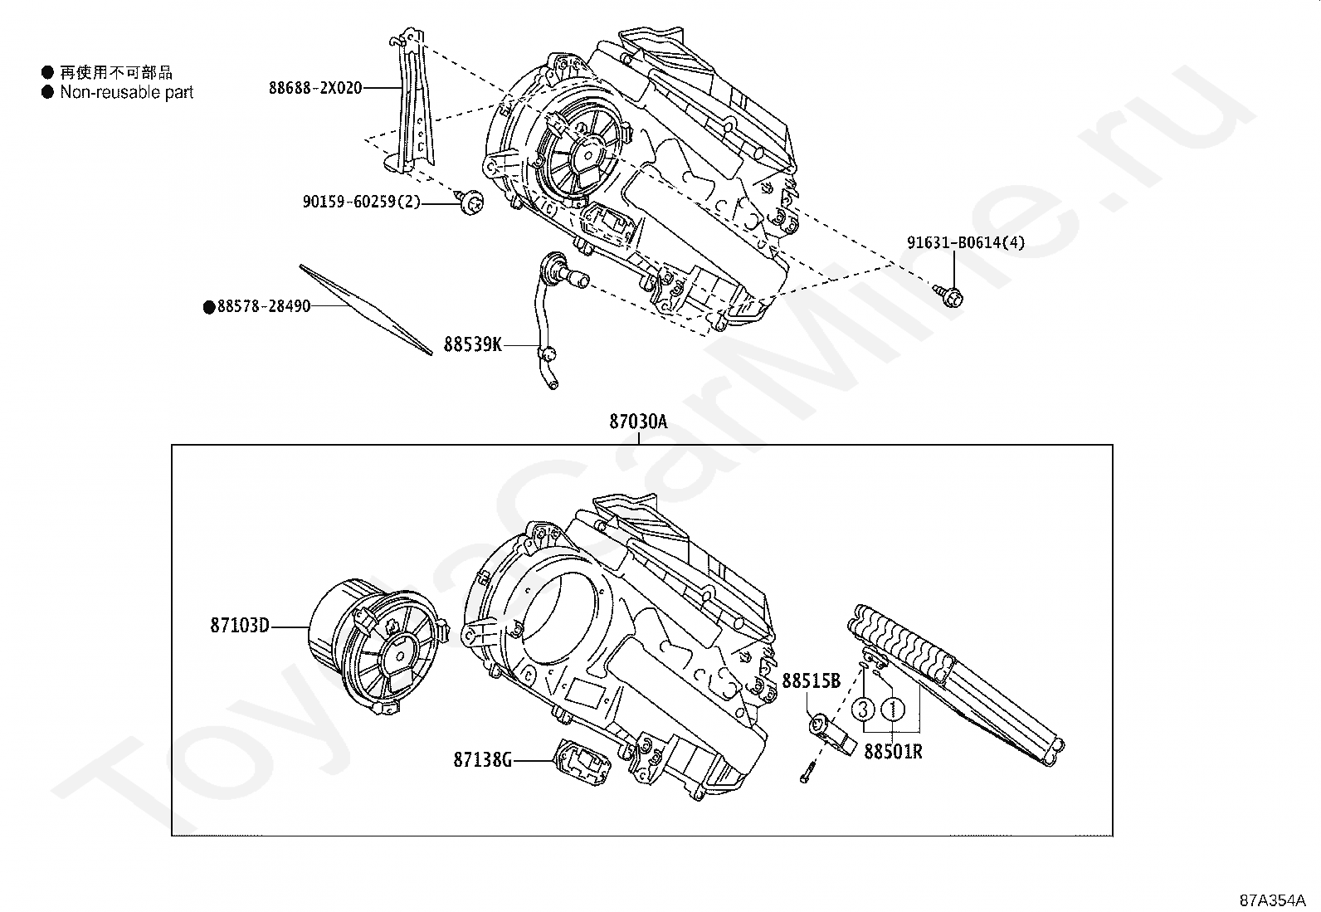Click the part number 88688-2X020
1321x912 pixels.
click(315, 87)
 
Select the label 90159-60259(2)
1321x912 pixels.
click(362, 201)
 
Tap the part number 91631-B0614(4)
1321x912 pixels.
click(965, 243)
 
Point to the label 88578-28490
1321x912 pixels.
click(264, 306)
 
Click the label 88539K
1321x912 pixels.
click(472, 344)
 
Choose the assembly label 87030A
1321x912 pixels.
click(638, 422)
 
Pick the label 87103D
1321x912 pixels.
click(240, 625)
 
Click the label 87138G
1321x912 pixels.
click(483, 758)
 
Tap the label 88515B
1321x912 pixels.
click(812, 681)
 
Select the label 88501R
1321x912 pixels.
click(894, 752)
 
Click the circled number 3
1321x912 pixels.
click(863, 709)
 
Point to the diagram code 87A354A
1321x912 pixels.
click(1273, 900)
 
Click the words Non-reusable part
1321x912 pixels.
click(126, 92)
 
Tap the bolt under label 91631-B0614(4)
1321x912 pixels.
click(952, 295)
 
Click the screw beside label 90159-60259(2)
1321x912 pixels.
click(472, 202)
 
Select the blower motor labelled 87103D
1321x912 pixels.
click(373, 646)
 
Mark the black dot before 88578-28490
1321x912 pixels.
click(209, 307)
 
